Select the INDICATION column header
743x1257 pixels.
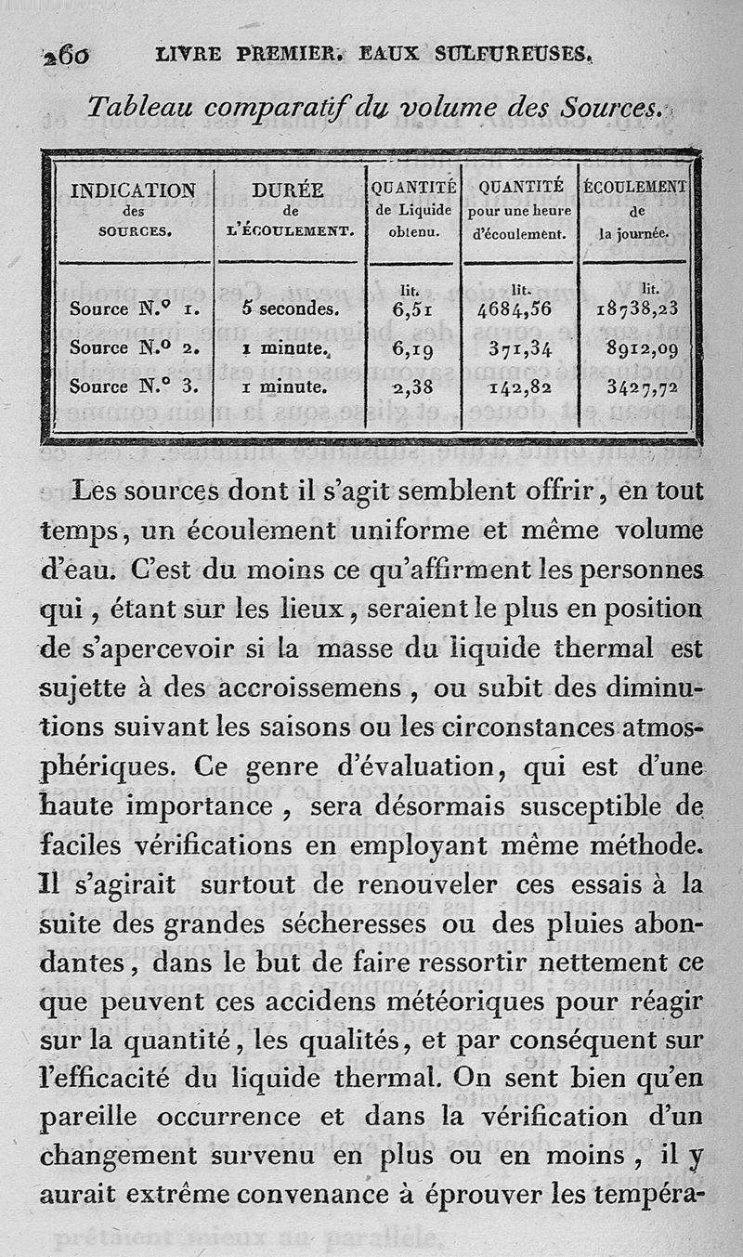pyautogui.click(x=133, y=190)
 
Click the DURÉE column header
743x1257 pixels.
pyautogui.click(x=288, y=190)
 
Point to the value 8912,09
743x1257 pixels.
pyautogui.click(x=640, y=350)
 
